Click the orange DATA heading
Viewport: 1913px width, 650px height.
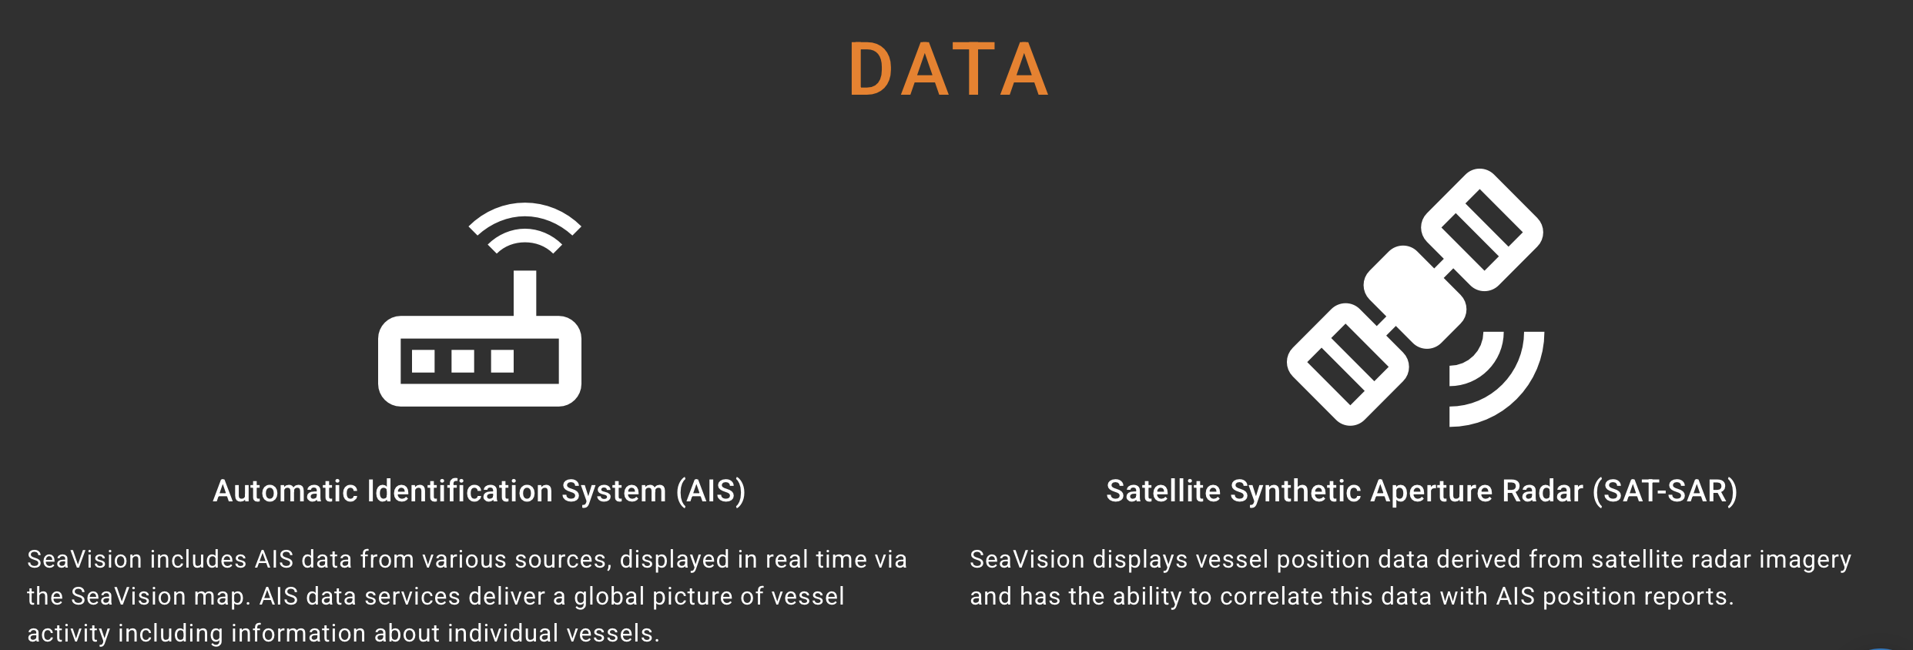948,69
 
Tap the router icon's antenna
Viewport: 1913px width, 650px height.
524,293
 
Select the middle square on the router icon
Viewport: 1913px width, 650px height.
463,360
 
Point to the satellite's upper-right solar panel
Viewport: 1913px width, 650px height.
1482,230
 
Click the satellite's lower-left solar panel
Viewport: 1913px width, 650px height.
1348,364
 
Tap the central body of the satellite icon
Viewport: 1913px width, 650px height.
1415,297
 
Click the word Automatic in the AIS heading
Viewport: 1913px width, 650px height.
285,491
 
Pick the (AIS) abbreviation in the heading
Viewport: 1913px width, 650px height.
711,491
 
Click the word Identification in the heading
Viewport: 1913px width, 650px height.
460,491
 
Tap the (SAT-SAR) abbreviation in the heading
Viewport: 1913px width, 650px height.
1665,491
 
